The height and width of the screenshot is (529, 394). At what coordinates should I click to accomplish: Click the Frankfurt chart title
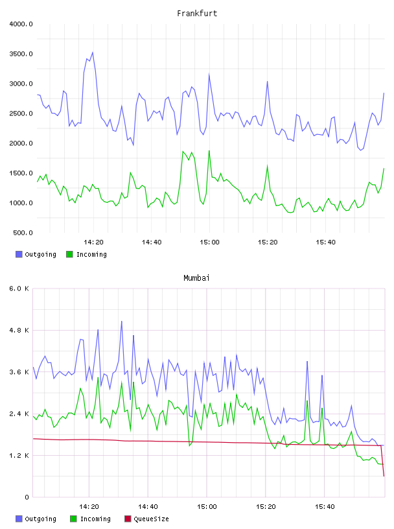[197, 14]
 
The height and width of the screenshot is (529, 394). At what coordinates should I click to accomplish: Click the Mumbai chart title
[196, 278]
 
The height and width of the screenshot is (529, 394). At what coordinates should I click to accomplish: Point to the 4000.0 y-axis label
[21, 24]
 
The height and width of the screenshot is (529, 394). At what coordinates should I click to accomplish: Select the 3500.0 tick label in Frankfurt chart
[21, 54]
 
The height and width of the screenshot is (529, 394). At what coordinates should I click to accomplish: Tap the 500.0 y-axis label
[23, 233]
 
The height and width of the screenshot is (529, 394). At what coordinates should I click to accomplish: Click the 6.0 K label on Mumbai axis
[19, 288]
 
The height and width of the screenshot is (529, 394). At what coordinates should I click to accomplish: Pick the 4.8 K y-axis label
[19, 330]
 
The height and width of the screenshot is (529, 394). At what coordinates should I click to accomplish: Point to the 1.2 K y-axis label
[19, 456]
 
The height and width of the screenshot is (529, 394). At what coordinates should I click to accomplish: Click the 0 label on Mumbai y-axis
[27, 497]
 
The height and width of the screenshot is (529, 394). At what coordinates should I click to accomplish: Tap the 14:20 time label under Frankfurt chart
[93, 242]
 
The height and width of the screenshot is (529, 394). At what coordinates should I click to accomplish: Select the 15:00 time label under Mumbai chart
[207, 507]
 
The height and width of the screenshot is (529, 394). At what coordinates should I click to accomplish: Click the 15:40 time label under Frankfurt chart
[325, 242]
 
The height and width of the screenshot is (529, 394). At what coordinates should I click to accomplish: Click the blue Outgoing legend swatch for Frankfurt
[19, 254]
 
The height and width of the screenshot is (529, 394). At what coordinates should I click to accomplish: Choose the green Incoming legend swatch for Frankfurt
[69, 254]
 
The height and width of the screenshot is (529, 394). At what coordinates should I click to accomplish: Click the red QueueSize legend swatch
[128, 519]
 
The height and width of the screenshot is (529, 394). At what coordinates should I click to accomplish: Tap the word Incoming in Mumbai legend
[95, 519]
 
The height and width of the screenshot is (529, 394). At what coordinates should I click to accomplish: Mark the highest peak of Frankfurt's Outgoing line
[93, 53]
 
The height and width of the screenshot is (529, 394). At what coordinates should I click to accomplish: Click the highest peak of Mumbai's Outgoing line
[121, 321]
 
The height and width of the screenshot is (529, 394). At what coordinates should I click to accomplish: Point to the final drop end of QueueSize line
[384, 476]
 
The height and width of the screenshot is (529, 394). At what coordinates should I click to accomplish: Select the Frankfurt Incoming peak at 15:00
[209, 151]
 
